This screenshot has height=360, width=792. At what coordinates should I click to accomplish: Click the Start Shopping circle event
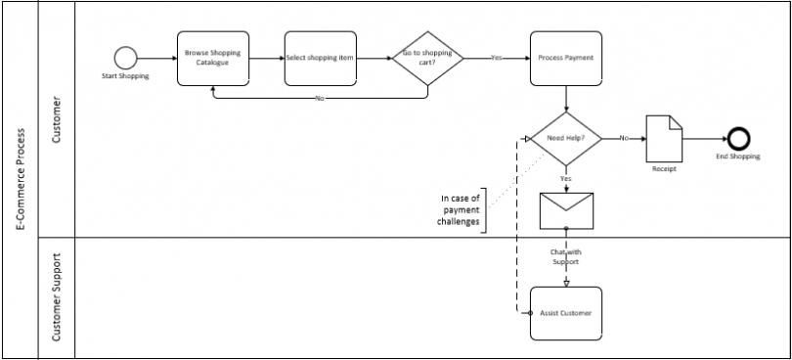(125, 57)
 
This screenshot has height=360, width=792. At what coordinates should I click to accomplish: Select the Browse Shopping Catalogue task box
(212, 58)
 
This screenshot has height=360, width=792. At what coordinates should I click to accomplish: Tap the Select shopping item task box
(320, 58)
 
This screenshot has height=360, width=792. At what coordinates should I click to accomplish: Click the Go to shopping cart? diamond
(427, 58)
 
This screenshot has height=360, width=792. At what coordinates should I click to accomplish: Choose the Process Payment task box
(566, 58)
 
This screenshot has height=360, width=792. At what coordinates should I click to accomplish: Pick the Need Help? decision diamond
(566, 138)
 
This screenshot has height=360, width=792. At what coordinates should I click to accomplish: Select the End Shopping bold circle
(736, 138)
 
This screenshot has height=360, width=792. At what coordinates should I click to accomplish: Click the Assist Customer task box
(566, 312)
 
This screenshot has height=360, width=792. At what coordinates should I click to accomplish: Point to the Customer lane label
(56, 119)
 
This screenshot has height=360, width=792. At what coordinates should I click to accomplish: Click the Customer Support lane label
(56, 297)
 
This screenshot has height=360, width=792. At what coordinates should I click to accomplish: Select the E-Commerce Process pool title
(21, 180)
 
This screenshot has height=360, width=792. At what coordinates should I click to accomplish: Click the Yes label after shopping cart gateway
(496, 58)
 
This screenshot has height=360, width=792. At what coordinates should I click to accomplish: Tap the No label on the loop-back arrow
(320, 99)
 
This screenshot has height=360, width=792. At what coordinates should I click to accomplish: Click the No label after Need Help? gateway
(623, 138)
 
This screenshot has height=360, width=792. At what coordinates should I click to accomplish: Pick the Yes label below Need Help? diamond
(566, 179)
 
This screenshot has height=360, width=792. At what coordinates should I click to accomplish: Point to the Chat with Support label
(565, 257)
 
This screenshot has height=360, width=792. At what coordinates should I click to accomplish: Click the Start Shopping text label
(125, 75)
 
